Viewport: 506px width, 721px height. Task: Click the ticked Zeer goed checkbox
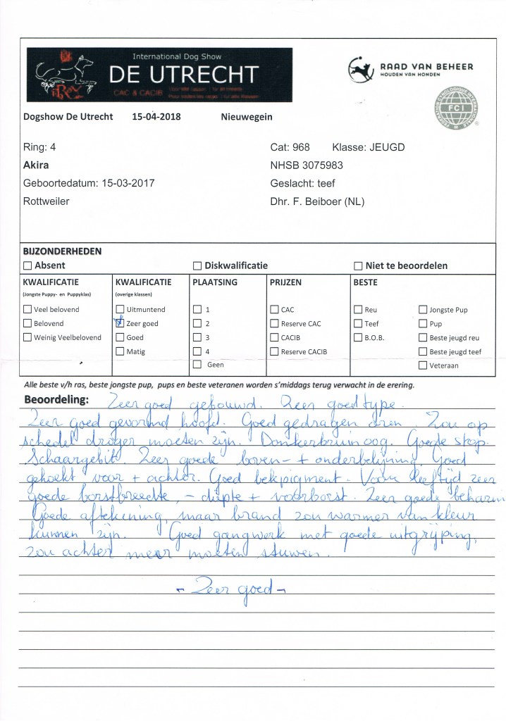[x=120, y=323]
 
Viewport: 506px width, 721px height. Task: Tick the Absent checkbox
[x=27, y=266]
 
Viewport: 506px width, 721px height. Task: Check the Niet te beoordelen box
[x=358, y=266]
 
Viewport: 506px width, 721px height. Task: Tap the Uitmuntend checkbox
[x=120, y=310]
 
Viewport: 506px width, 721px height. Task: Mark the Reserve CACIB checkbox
[x=274, y=351]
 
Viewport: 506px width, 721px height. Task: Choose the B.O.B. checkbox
[x=358, y=337]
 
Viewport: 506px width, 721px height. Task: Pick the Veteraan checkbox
[x=423, y=365]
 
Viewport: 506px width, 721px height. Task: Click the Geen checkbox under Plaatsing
[x=197, y=365]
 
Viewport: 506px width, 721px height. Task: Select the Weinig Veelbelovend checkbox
[x=27, y=337]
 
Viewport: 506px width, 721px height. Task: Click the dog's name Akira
[x=36, y=166]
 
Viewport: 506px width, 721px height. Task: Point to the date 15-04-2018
[x=156, y=117]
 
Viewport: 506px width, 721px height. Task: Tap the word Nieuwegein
[x=247, y=117]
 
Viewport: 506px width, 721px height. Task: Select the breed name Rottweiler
[x=47, y=201]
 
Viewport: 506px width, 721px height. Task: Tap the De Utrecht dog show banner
[x=159, y=75]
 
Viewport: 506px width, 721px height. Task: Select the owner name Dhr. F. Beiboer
[x=316, y=201]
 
